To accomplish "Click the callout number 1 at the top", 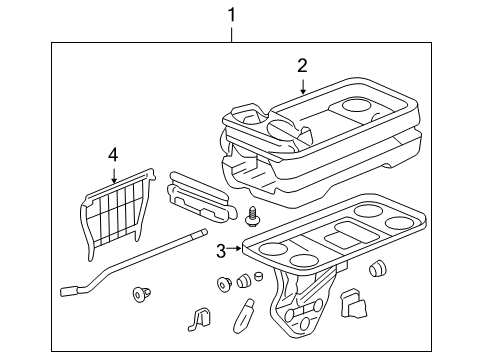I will [x=232, y=15].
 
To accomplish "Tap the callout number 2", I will [x=302, y=66].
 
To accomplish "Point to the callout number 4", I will [x=113, y=155].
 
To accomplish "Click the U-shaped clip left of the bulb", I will [x=198, y=319].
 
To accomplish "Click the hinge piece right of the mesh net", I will [x=200, y=193].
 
